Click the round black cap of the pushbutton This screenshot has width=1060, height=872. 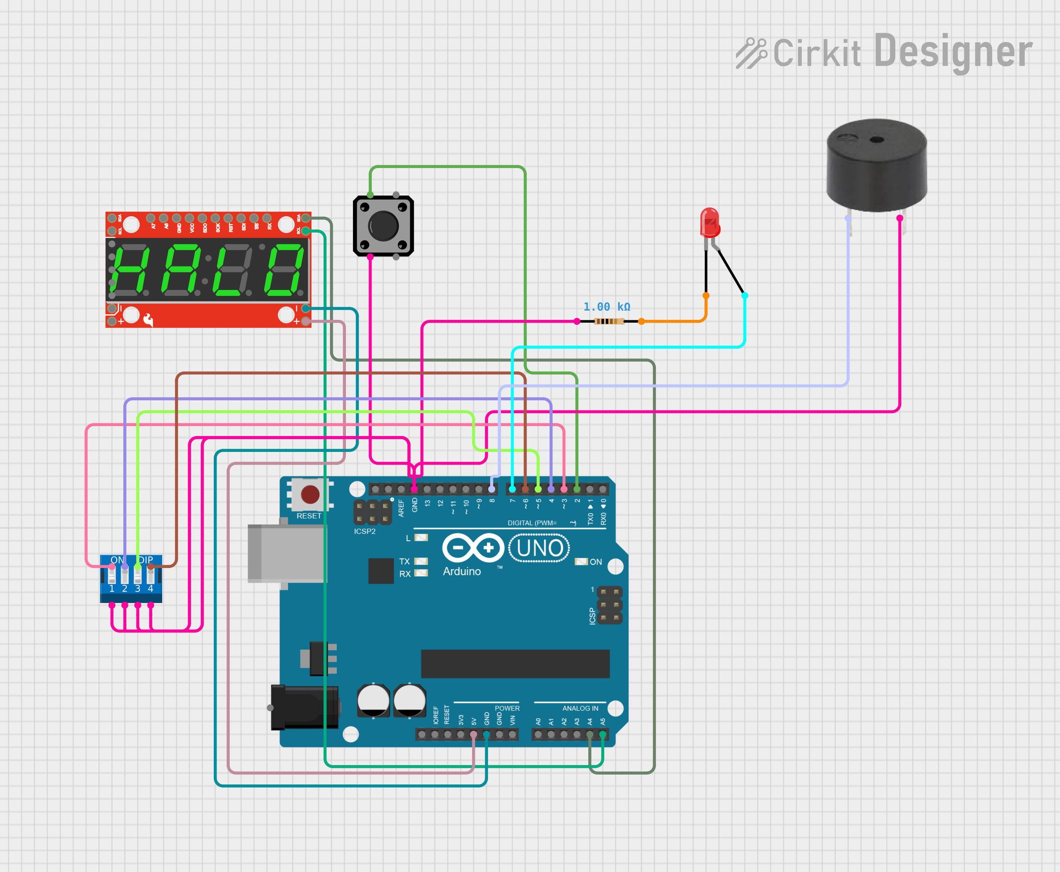coord(383,226)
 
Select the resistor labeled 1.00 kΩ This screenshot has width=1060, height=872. coord(609,321)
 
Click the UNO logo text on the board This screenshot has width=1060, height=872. coord(539,548)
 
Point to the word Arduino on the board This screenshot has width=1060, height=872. coord(462,571)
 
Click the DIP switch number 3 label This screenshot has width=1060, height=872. coord(137,589)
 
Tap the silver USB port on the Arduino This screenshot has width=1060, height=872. coord(285,553)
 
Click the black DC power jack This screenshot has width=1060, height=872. coord(303,707)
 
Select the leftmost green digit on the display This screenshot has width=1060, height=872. coord(130,270)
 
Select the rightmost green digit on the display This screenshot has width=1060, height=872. coord(284,270)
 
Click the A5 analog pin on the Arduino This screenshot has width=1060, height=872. coord(602,735)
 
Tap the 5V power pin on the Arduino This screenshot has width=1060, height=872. coord(473,735)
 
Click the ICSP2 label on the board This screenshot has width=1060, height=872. coord(364,531)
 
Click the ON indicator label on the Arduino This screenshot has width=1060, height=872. coord(596,562)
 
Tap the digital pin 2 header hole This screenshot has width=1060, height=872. coord(577,489)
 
